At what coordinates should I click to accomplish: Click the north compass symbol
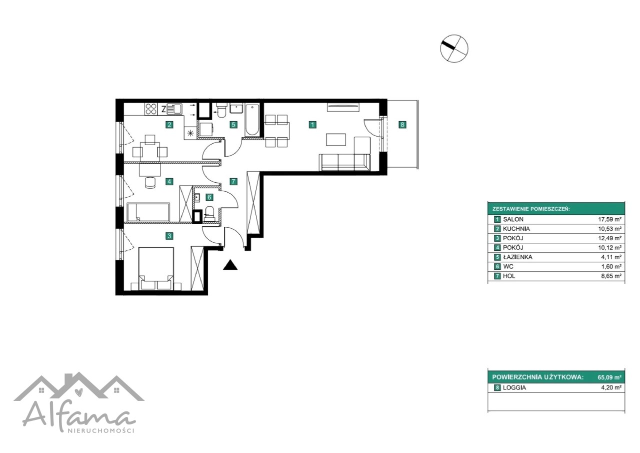click(x=454, y=49)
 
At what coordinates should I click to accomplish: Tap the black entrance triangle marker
click(x=230, y=265)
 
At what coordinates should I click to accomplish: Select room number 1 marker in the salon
click(x=312, y=125)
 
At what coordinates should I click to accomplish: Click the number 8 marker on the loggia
click(x=402, y=125)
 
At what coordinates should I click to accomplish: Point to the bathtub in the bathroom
click(x=252, y=121)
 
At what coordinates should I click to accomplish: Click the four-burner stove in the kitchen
click(x=151, y=109)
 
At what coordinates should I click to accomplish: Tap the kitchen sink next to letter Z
click(x=174, y=109)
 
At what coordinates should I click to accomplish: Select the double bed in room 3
click(x=156, y=269)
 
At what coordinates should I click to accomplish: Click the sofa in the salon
click(x=344, y=163)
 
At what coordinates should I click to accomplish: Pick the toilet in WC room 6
click(x=209, y=213)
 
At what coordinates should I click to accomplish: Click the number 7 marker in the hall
click(x=233, y=181)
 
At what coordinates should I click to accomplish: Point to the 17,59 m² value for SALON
click(x=609, y=220)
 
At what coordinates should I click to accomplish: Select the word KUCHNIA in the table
click(x=516, y=229)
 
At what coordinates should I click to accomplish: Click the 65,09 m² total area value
click(x=609, y=377)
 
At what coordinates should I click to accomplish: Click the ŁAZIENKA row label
click(x=517, y=257)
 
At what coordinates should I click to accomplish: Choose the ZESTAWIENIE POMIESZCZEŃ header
click(x=531, y=209)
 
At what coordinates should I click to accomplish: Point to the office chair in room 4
click(x=150, y=183)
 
